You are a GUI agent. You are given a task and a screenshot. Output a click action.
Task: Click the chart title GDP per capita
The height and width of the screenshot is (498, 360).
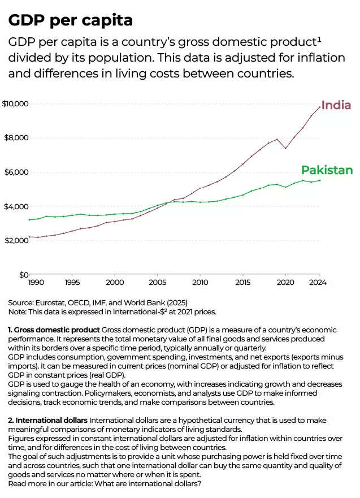coord(71,20)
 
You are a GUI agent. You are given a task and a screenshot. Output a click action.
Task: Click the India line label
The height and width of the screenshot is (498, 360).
coord(336,105)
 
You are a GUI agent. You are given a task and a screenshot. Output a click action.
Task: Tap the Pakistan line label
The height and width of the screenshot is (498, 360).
coord(327,170)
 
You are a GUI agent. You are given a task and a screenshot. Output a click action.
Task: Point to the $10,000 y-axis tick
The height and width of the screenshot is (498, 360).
coord(15,104)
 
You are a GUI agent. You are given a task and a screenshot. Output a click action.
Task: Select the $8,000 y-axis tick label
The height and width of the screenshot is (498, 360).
coord(15,138)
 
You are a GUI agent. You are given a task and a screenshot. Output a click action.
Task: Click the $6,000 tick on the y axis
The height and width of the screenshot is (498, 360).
coord(15,172)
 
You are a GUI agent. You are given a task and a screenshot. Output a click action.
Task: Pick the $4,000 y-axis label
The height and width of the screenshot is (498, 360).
coord(15,206)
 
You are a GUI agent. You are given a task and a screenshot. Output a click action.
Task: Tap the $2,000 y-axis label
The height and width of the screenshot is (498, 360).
coord(15,240)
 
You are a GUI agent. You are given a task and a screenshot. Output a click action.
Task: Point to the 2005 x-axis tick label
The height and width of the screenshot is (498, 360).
coord(157,282)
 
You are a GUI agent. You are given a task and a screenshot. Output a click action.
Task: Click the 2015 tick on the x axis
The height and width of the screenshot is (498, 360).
coord(243,282)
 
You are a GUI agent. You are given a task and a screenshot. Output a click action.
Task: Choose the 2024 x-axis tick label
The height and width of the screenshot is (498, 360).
coord(319,282)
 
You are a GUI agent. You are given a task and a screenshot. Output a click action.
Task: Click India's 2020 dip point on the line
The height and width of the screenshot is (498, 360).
coord(286,149)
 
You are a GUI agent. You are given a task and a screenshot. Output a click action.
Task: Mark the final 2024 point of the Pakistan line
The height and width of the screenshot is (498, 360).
coord(320,180)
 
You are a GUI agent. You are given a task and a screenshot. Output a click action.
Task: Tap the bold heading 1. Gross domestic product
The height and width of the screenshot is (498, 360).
coord(54,330)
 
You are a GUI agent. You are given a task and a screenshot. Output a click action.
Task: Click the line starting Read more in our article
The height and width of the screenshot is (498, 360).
coord(105,484)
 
